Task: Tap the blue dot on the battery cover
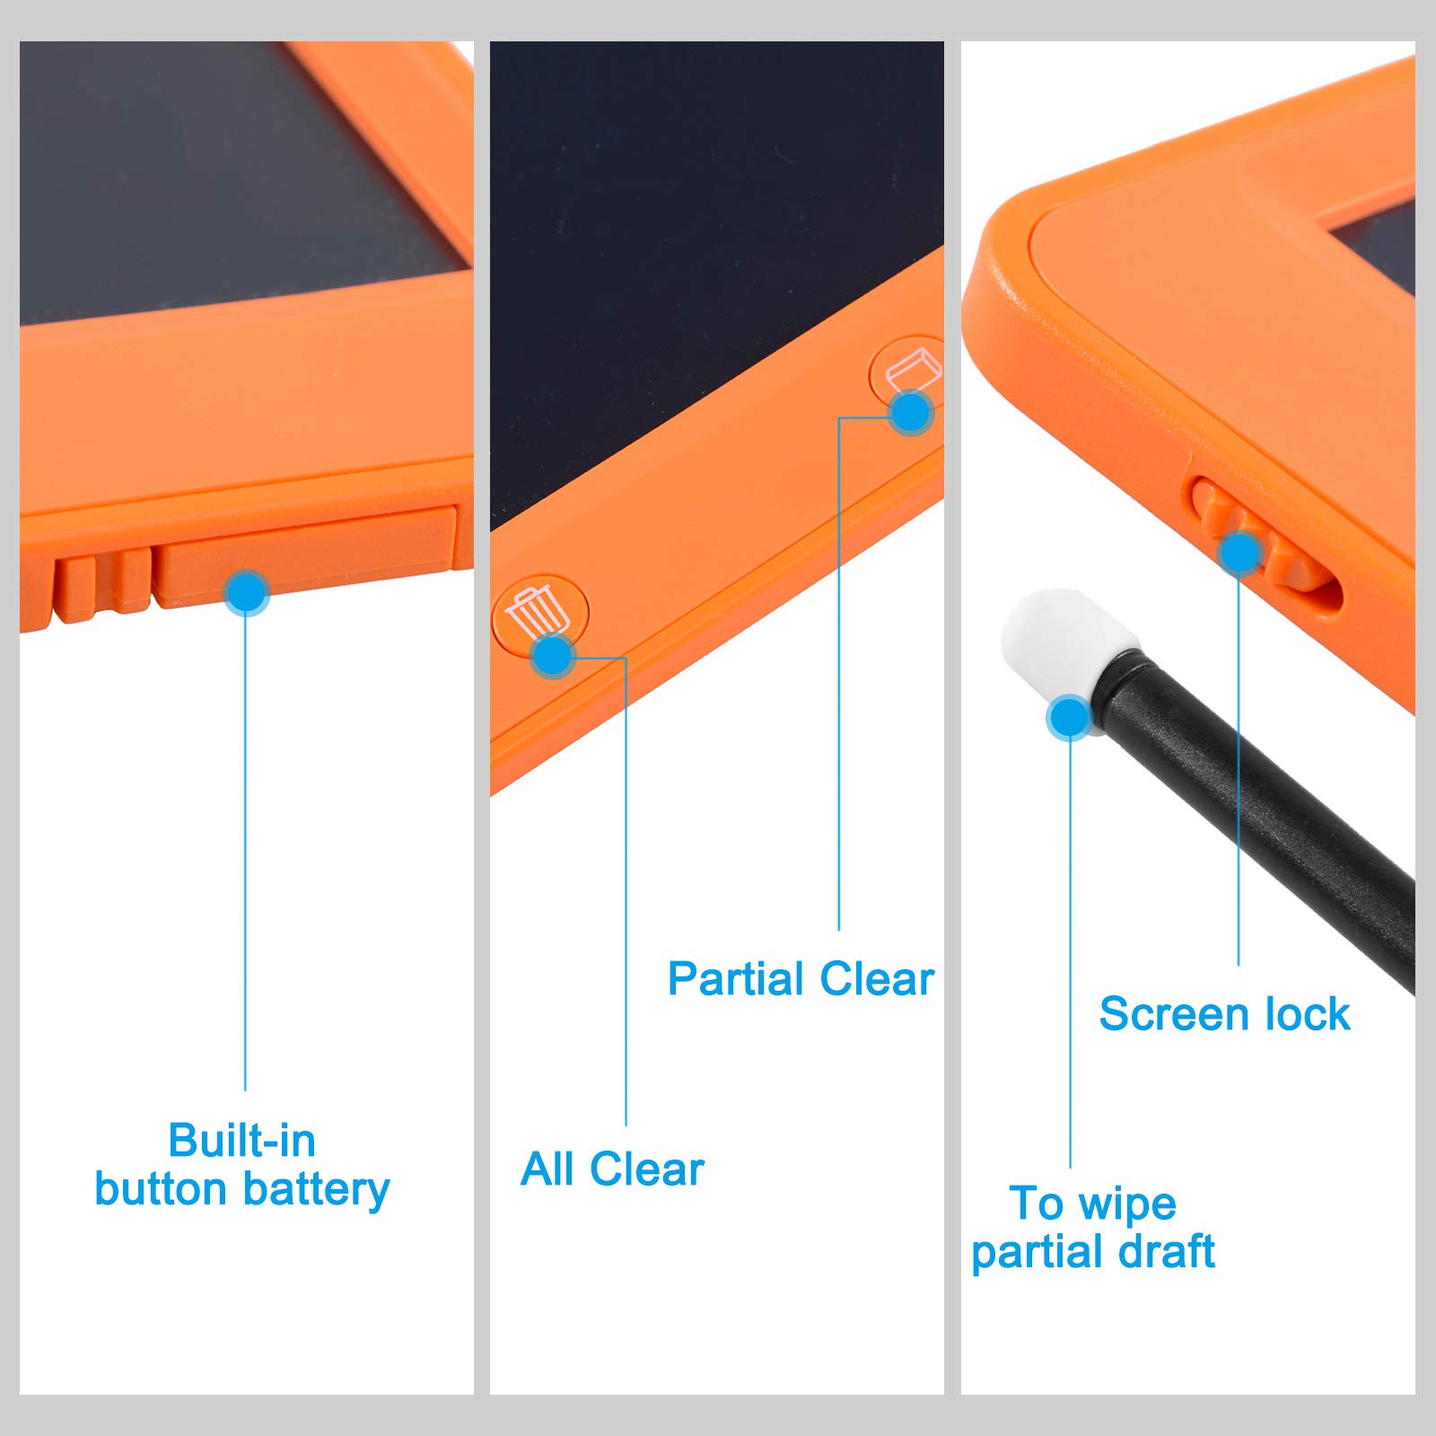(x=246, y=592)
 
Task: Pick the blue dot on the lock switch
(x=1240, y=552)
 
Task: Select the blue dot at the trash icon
(x=553, y=656)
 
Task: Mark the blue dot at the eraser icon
(x=911, y=413)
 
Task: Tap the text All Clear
(x=612, y=1169)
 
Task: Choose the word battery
(x=316, y=1190)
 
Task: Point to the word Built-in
(x=242, y=1141)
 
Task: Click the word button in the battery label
(x=162, y=1190)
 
